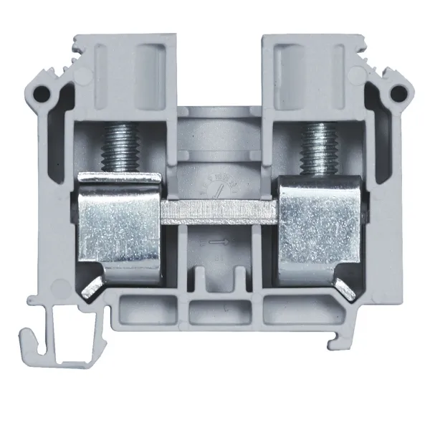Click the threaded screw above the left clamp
(x=117, y=147)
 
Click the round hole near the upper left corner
(x=45, y=93)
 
